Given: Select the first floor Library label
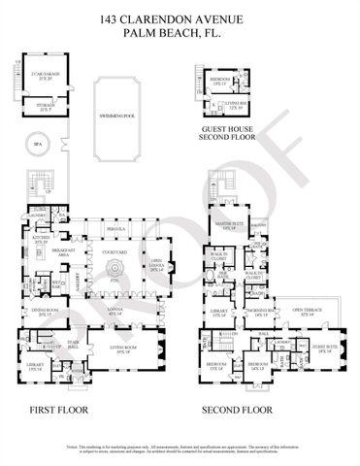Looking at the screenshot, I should click(34, 340).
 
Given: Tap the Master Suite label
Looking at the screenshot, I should click(229, 226).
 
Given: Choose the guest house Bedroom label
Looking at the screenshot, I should click(218, 82).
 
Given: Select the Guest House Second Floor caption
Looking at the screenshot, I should click(225, 134).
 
